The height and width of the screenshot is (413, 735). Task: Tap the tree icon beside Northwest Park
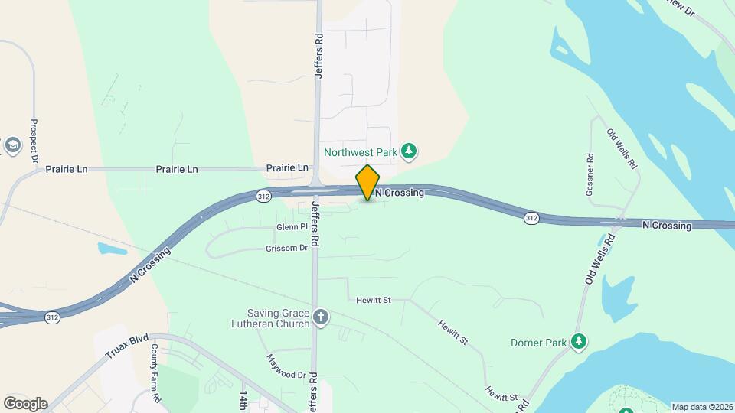point(410,151)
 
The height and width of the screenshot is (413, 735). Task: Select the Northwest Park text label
point(361,152)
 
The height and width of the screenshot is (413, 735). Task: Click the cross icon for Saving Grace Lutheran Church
point(321,317)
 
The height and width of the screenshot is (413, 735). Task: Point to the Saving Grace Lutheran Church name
point(279,318)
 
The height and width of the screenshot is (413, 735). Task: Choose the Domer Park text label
point(539,343)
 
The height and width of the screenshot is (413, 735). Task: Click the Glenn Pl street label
point(292,228)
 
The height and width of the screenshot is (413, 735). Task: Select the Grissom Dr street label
point(286,249)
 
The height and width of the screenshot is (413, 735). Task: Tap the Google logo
point(25,403)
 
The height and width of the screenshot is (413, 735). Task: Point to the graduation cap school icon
point(12,145)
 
